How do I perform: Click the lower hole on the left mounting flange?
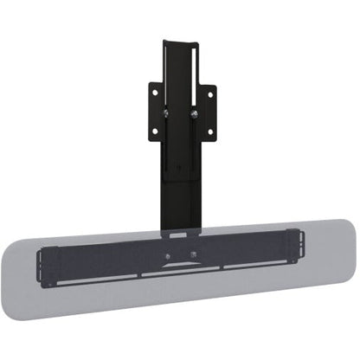[155, 132]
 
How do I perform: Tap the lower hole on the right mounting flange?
[209, 132]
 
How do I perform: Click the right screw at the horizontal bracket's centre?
[192, 257]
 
